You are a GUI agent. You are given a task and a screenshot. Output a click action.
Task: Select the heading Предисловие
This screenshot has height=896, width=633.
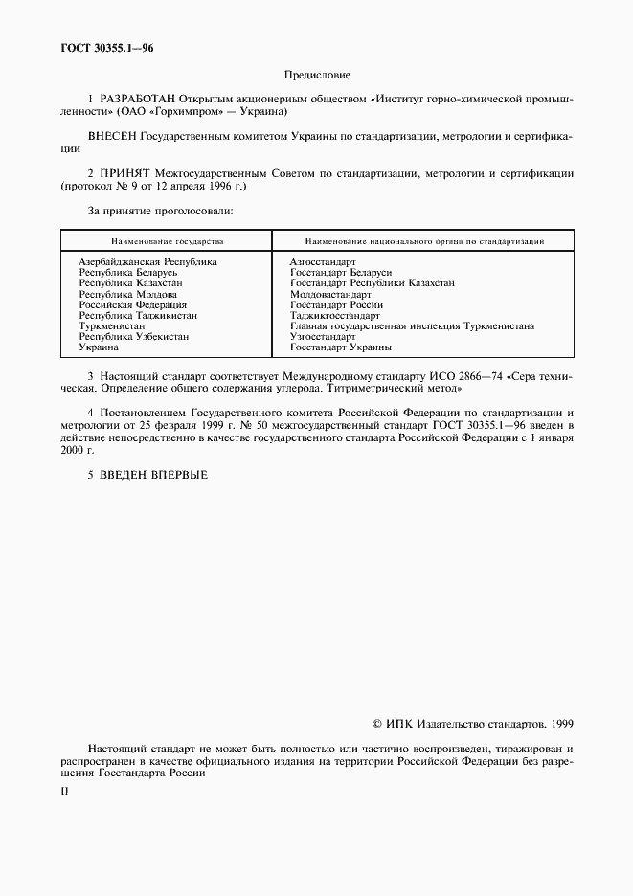pos(317,75)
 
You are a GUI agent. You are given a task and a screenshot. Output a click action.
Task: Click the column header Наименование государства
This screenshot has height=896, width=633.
pos(167,242)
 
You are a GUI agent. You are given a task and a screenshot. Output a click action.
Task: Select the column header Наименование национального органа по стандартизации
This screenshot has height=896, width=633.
pos(424,242)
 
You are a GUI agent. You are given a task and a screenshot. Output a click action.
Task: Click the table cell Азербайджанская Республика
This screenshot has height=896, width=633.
pos(147,261)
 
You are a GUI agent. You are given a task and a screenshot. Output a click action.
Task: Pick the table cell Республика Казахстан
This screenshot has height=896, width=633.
pos(131,283)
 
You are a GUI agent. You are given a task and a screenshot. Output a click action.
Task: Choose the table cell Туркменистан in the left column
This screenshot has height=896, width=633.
pos(112,326)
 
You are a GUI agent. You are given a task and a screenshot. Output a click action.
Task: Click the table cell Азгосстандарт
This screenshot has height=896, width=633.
pos(323,261)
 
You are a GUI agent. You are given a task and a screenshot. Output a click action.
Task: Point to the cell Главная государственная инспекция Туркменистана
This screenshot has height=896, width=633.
pos(412,326)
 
